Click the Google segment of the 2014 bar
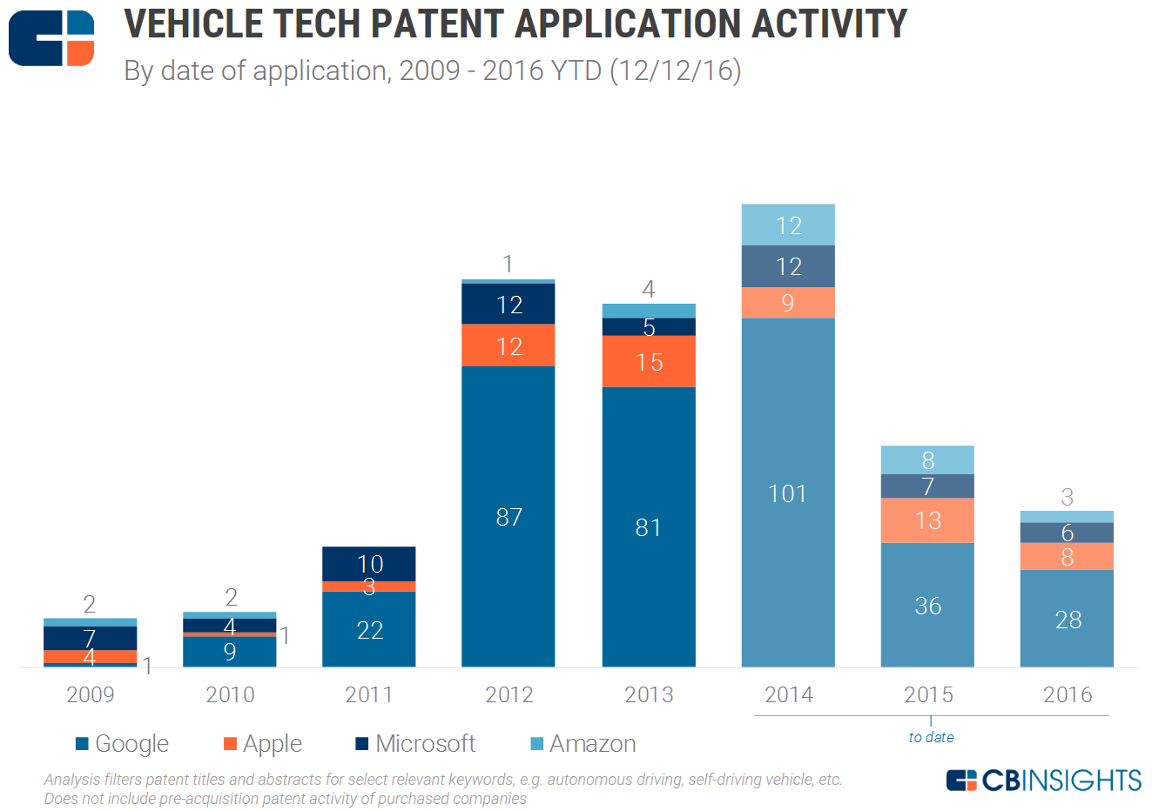click(788, 493)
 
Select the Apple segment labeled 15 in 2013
click(649, 361)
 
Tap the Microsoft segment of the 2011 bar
click(369, 563)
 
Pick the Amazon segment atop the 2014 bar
click(788, 225)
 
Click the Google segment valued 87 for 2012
click(509, 517)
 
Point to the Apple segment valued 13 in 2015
click(927, 520)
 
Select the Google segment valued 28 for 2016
click(1068, 619)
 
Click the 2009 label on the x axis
click(91, 694)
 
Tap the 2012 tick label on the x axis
click(509, 694)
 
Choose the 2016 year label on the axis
click(1068, 694)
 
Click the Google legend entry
click(123, 744)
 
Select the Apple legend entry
click(263, 744)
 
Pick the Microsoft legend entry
click(416, 744)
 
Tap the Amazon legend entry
click(583, 744)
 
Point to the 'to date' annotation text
click(931, 737)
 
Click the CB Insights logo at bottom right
click(1043, 781)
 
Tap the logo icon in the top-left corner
click(51, 38)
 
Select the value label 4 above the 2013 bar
click(649, 289)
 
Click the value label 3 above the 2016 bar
click(1068, 497)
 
